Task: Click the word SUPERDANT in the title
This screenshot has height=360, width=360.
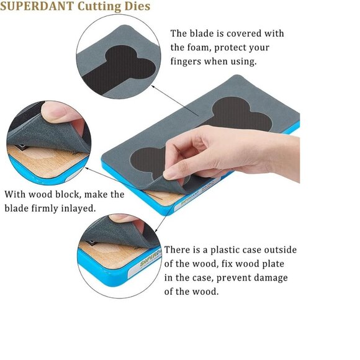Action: [x=37, y=6]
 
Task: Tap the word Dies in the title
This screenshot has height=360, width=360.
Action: [x=137, y=6]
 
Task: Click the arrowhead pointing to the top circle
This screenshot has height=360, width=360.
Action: [x=153, y=86]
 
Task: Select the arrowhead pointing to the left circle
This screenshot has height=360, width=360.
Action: [x=87, y=168]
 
